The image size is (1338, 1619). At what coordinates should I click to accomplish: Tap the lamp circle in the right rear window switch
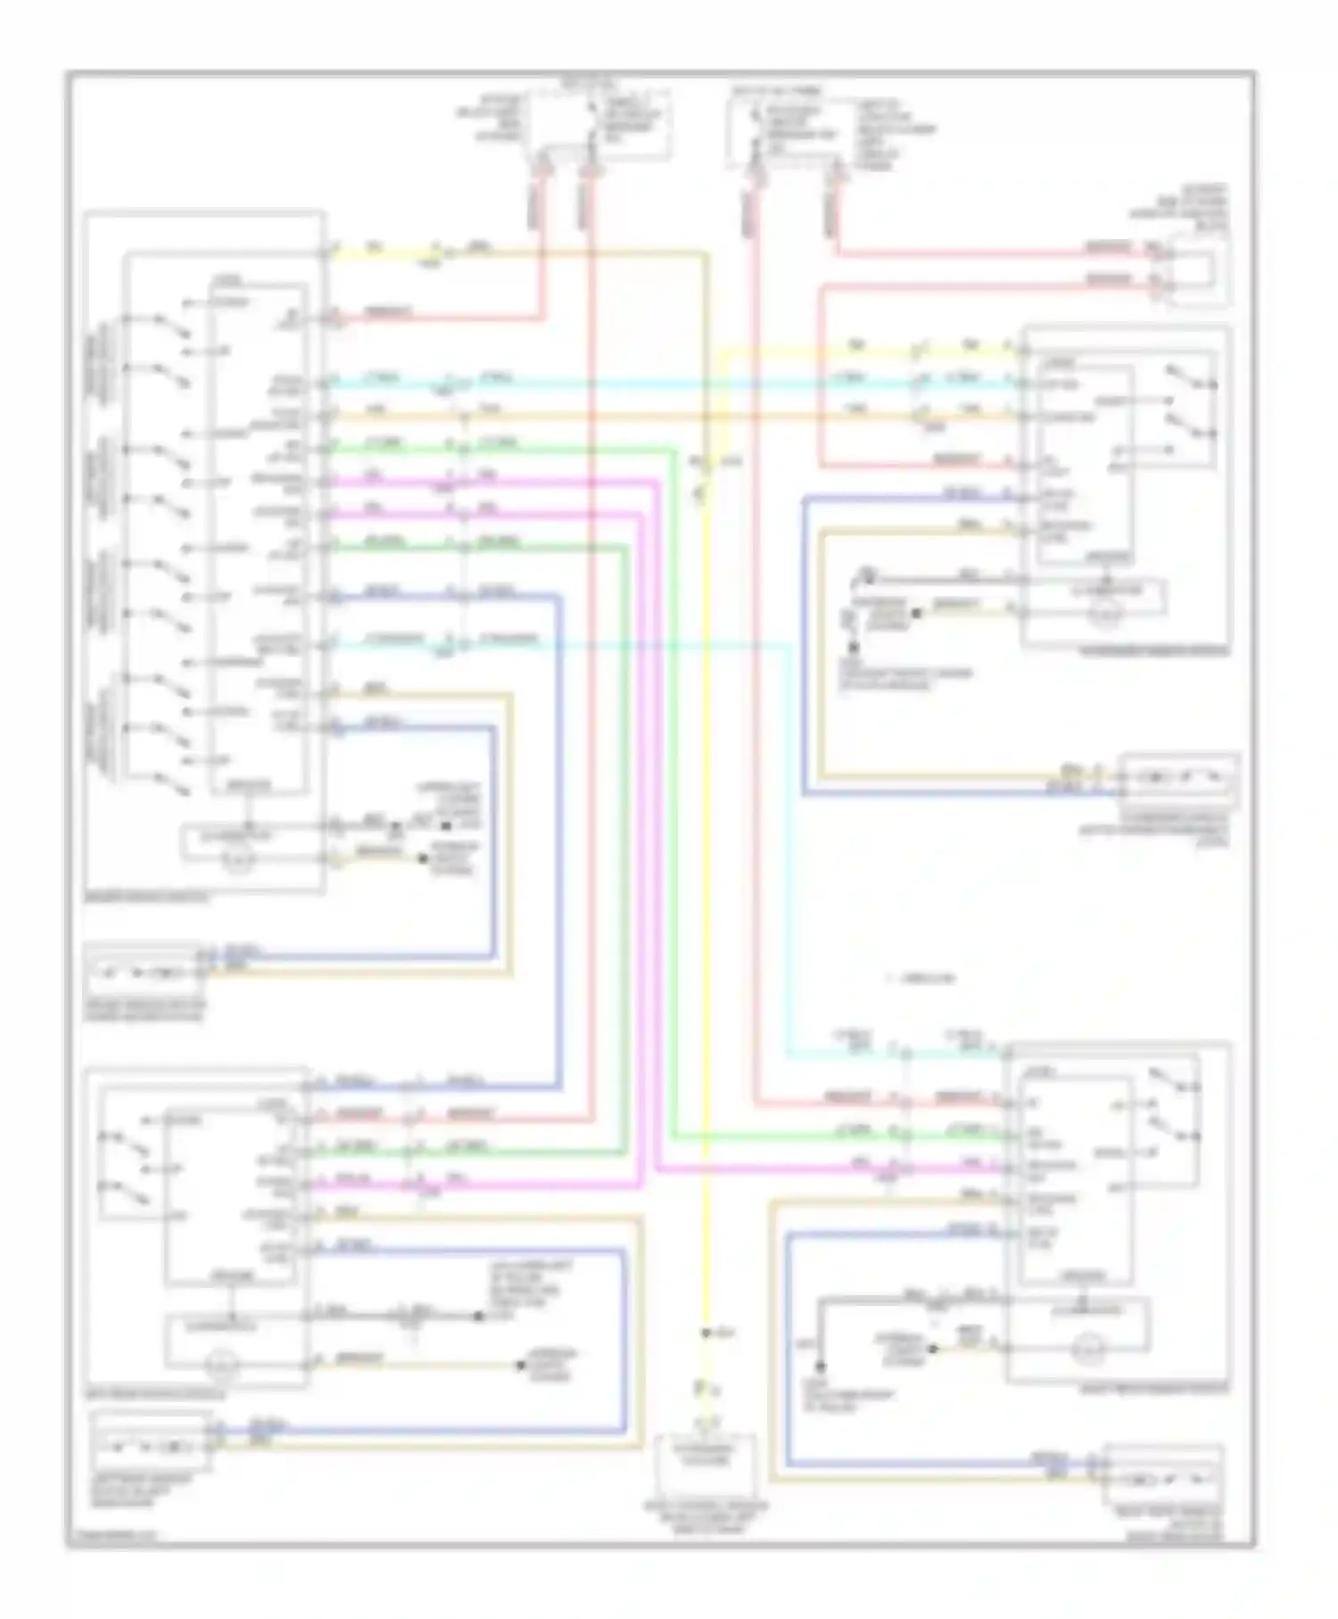1086,1346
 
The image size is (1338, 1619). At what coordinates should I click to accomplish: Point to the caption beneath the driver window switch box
147,897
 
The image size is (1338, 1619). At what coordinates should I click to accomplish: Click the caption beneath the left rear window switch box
155,1393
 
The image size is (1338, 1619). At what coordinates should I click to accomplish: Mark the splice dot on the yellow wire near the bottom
705,1334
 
